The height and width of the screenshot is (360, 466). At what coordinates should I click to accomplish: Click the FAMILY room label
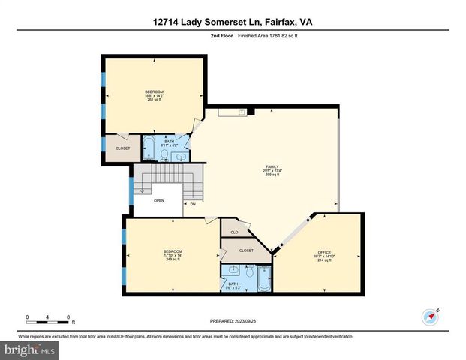click(x=273, y=166)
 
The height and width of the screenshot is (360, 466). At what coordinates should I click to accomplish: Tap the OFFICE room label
click(x=324, y=252)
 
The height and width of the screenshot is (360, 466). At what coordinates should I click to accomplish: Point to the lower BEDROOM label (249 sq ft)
click(x=173, y=252)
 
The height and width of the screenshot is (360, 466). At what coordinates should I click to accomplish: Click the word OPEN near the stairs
click(x=159, y=201)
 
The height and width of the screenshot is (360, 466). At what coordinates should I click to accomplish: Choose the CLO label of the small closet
click(x=234, y=232)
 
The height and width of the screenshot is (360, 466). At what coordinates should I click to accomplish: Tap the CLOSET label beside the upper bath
click(x=122, y=148)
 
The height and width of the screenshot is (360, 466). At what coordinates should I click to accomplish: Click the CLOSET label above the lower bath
click(x=246, y=250)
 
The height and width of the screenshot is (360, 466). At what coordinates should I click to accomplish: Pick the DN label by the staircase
click(x=193, y=204)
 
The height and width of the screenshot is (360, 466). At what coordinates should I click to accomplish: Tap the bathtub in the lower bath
click(x=263, y=280)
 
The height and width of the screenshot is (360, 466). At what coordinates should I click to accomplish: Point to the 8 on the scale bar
click(x=69, y=316)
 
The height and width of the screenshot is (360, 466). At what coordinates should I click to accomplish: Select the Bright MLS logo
click(x=30, y=349)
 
